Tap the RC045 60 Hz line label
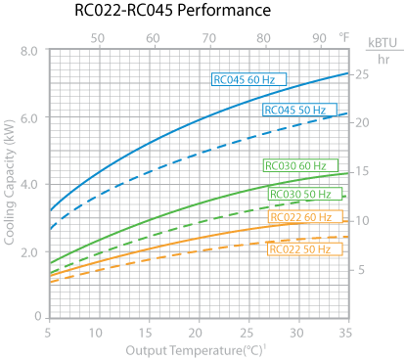click(244, 78)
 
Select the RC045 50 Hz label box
click(295, 110)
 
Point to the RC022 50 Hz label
click(299, 249)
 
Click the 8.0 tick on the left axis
click(27, 50)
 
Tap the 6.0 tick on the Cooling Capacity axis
click(27, 117)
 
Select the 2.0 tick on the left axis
click(27, 251)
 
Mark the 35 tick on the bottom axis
click(348, 333)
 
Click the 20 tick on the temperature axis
click(198, 333)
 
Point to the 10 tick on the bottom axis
click(97, 333)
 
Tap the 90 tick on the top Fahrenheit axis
click(320, 37)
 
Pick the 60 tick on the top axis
click(153, 37)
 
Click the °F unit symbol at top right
click(343, 37)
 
